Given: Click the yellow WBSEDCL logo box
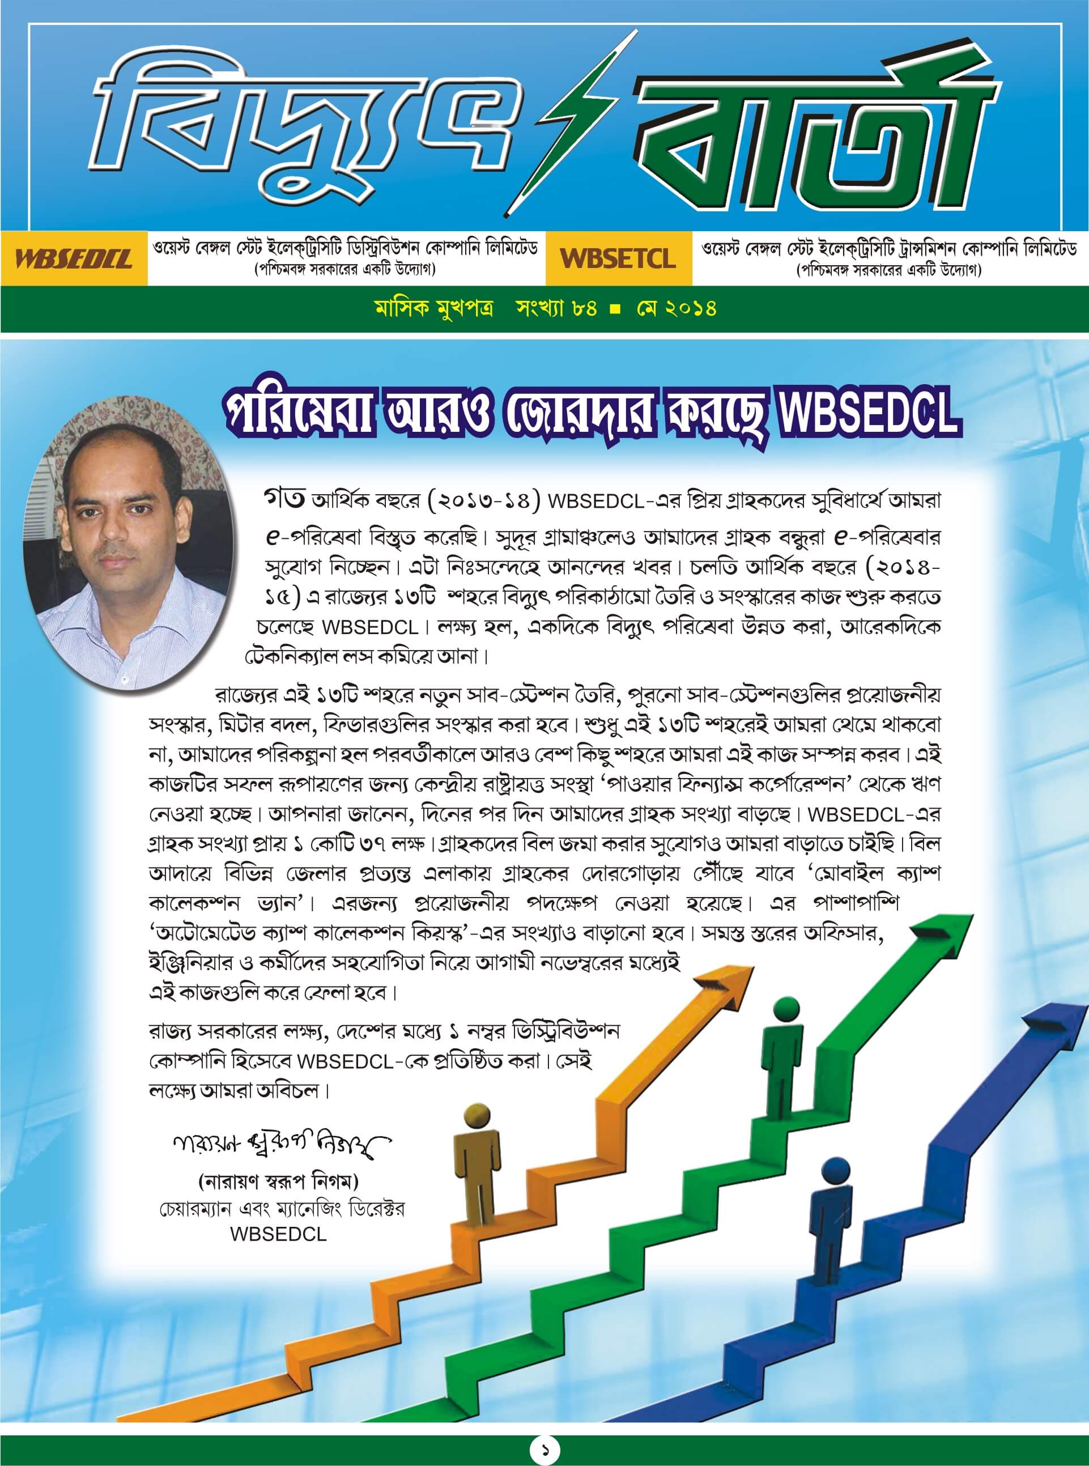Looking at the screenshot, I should pyautogui.click(x=74, y=258).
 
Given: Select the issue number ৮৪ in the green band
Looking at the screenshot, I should pyautogui.click(x=584, y=308).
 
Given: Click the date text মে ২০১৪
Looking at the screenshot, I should pyautogui.click(x=677, y=308).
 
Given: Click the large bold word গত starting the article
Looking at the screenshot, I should pyautogui.click(x=283, y=499).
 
